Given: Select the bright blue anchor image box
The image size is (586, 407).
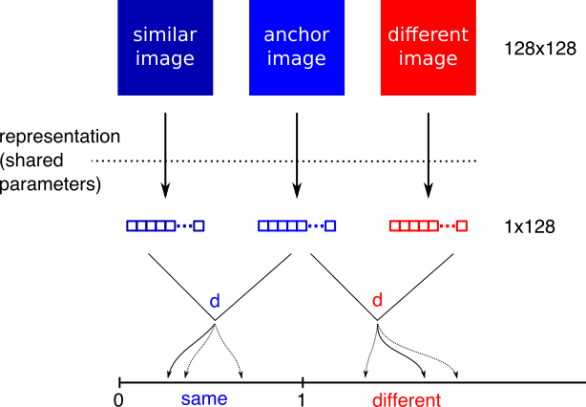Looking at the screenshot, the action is pos(297,81).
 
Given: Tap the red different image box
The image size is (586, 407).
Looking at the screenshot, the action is pos(428,81).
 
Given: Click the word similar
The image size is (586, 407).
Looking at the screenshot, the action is pos(165,35).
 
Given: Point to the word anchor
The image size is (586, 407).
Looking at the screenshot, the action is pos(297,35).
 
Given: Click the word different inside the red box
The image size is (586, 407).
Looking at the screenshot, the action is pos(428,35).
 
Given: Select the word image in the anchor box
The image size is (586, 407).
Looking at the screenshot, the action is pos(297,59).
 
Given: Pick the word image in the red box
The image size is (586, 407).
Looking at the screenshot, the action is pos(428,59).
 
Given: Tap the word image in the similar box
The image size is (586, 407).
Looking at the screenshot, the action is pos(165,59).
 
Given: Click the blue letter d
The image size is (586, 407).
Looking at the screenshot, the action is pos(215,302).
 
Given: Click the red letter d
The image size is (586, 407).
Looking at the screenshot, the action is pos(377,301).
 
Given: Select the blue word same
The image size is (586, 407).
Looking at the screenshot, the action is pos(204,398).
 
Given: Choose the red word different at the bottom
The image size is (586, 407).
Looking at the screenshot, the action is pos(407,400).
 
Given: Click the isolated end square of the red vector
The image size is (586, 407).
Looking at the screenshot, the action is pos(461,225).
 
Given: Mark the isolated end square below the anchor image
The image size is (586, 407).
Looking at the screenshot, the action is pos(330,225).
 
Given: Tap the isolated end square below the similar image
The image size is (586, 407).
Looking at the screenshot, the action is pos(199,225).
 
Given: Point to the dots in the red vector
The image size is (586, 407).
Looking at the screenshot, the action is pos(447,225).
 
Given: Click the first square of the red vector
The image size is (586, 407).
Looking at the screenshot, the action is pos(394,225).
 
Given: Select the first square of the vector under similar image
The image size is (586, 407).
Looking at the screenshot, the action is pos(132,225).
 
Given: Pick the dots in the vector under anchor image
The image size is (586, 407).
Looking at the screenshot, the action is pos(316,225).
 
